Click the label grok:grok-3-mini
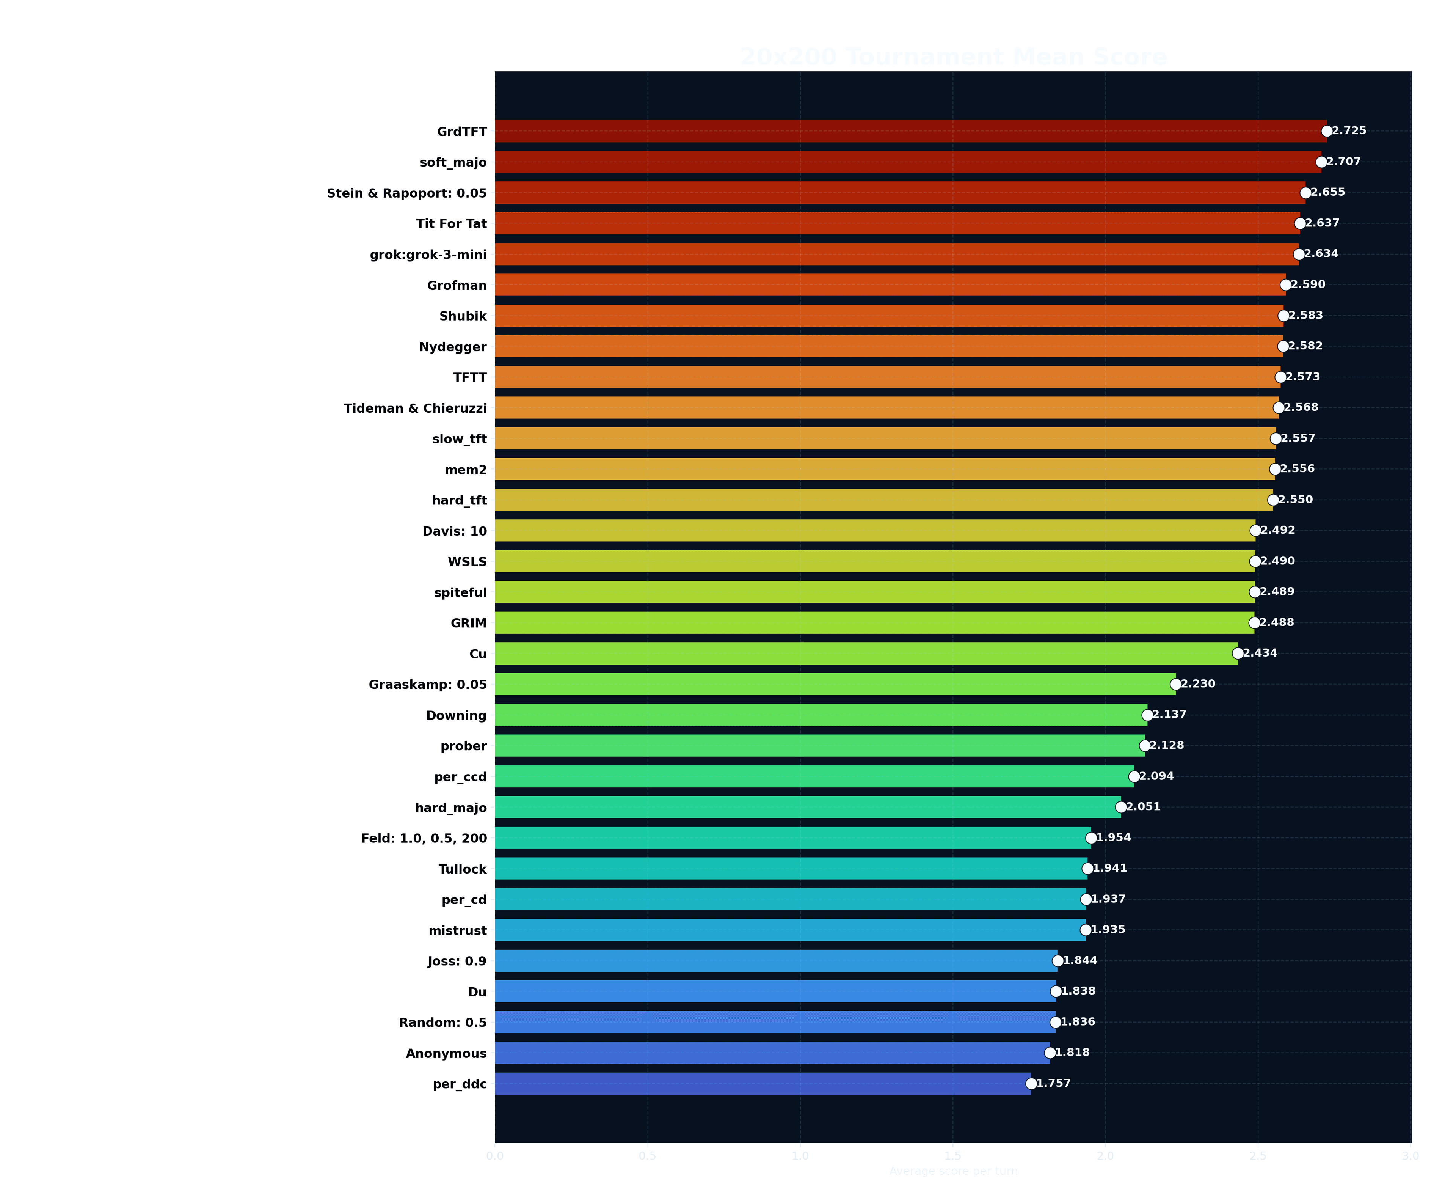click(428, 255)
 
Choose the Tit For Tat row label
click(451, 224)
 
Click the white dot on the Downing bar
click(1147, 715)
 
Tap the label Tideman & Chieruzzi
click(415, 408)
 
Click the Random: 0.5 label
click(442, 1022)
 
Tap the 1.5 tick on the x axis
click(952, 1156)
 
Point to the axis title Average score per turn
click(953, 1171)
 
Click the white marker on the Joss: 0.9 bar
click(1057, 960)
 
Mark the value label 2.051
click(1143, 807)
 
